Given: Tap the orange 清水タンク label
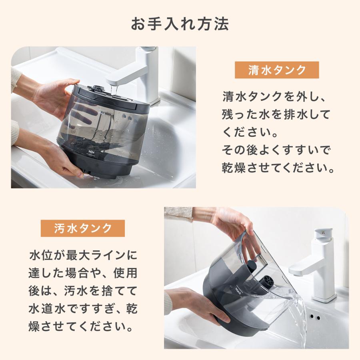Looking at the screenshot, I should pos(277,70).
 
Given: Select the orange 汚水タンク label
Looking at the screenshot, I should pos(83,228).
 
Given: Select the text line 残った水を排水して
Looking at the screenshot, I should pos(276,114).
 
